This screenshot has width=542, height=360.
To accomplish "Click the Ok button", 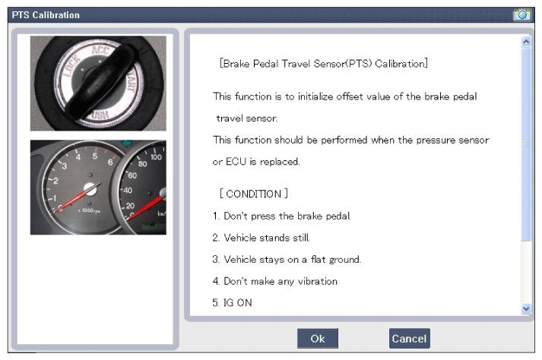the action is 317,338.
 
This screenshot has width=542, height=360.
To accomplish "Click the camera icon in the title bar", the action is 522,15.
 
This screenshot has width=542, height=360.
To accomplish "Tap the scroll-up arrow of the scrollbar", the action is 526,42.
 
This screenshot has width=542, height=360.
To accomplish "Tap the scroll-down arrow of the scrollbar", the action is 526,308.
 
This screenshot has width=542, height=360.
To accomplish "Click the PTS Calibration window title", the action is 46,15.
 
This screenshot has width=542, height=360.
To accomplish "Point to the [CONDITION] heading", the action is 254,194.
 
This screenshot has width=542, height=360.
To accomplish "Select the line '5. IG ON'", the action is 233,302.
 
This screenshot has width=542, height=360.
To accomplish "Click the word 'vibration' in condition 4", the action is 318,281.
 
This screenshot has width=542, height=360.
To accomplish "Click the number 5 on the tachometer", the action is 95,156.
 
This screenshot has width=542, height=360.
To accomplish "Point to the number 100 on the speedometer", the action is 156,157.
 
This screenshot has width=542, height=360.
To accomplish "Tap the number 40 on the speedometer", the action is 128,191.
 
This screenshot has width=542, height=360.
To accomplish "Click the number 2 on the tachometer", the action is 55,181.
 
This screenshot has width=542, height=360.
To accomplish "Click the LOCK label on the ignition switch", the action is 71,65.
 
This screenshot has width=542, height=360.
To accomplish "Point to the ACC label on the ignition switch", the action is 100,50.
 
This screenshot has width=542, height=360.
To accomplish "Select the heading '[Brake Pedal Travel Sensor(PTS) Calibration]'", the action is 324,64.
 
